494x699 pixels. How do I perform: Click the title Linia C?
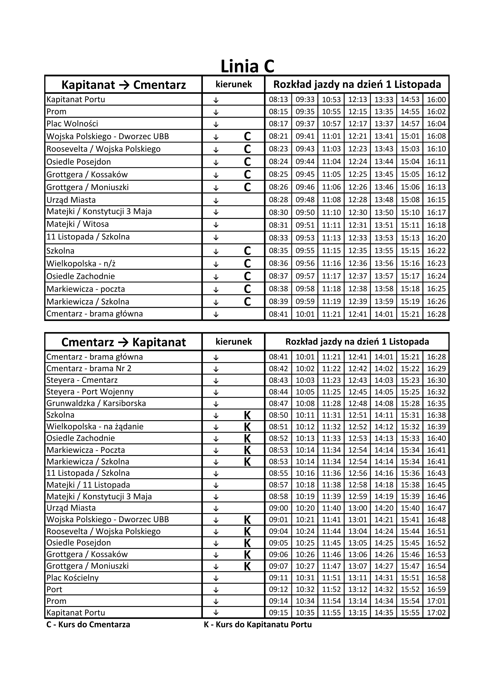pos(247,66)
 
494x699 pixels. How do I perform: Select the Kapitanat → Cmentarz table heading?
pos(124,85)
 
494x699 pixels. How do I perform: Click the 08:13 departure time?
pos(278,100)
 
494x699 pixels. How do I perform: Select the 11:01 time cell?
pos(331,136)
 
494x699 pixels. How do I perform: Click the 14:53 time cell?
pos(410,100)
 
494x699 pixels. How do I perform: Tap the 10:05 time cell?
pos(305,392)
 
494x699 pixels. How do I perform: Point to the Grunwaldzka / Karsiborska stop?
pos(96,403)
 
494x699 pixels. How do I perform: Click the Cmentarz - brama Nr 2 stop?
pos(89,369)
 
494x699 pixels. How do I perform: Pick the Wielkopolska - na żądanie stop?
pos(95,427)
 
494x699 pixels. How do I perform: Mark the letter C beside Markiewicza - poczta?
pos(247,289)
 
